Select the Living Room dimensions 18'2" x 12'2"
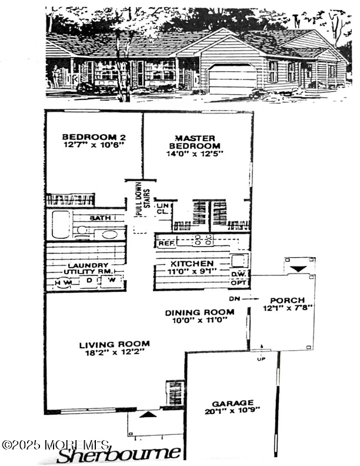tap(114, 354)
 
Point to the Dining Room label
tap(200, 312)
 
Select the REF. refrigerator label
tap(165, 242)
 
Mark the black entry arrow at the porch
tap(298, 268)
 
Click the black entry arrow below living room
tap(149, 415)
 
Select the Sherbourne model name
tap(119, 454)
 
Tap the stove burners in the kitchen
tap(202, 239)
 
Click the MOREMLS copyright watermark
tap(55, 444)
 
